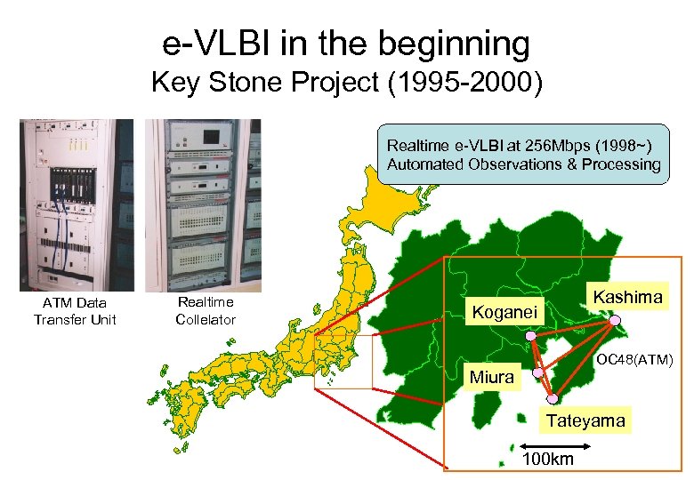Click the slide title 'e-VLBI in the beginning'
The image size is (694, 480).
pos(346,42)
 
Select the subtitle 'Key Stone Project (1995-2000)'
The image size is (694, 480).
pos(346,84)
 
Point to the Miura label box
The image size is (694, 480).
pos(492,377)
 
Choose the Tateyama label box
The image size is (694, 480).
pos(585,420)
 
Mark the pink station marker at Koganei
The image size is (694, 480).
pos(531,336)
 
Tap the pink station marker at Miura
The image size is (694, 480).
pos(537,373)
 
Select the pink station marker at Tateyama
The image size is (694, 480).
pos(553,398)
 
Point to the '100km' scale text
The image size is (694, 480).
pos(547,460)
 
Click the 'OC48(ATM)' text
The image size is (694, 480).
pos(634,360)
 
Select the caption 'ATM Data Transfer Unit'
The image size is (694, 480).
pos(75,311)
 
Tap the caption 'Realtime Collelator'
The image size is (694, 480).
pos(206,311)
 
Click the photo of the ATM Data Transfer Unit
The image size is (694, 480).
pos(75,205)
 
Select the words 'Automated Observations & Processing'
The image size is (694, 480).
pos(523,164)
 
